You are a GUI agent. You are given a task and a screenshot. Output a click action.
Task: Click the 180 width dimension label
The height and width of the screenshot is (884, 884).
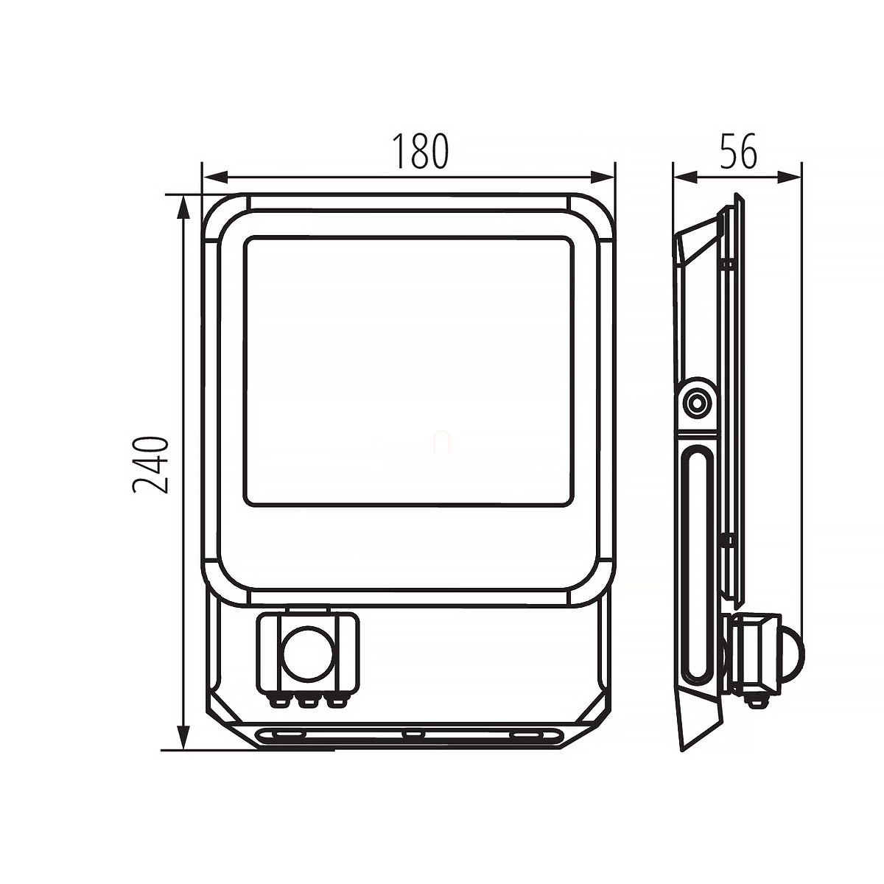click(419, 151)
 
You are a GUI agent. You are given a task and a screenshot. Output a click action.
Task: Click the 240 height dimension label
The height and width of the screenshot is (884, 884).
click(150, 464)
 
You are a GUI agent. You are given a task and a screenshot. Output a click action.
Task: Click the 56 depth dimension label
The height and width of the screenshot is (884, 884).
click(737, 151)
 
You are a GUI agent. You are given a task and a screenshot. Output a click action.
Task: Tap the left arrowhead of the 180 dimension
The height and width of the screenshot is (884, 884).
click(215, 177)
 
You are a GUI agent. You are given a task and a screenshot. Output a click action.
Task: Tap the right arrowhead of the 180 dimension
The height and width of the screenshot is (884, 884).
click(601, 177)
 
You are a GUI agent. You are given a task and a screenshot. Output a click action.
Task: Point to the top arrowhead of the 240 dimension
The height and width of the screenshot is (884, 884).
click(183, 208)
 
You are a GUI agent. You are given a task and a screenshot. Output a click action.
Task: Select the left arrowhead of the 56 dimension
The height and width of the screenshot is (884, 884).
click(685, 177)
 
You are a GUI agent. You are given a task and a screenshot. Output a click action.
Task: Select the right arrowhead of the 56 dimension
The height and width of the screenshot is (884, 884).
click(789, 177)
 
